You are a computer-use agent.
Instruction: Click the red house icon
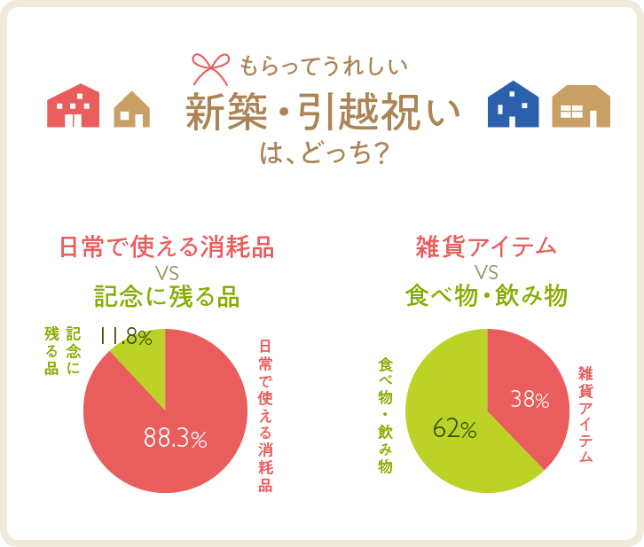(x=74, y=107)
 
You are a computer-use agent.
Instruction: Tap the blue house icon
(x=514, y=105)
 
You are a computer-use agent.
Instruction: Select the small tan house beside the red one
(x=131, y=109)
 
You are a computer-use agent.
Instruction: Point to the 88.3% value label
(x=175, y=439)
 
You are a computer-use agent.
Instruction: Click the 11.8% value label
(x=126, y=338)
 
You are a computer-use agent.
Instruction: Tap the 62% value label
(x=454, y=430)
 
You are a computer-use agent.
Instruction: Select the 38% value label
(x=530, y=400)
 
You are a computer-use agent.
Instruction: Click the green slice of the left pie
(x=140, y=351)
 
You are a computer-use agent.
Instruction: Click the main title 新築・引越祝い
(x=323, y=113)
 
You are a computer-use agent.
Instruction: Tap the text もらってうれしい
(x=323, y=66)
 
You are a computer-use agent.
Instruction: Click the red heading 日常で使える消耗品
(x=166, y=246)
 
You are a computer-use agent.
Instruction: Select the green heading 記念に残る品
(x=166, y=296)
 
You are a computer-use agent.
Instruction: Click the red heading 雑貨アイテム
(x=486, y=246)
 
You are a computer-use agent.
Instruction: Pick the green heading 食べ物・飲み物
(x=486, y=296)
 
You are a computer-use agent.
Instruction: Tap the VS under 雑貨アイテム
(x=486, y=271)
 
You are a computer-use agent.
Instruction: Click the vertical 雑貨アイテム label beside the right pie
(x=585, y=413)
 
